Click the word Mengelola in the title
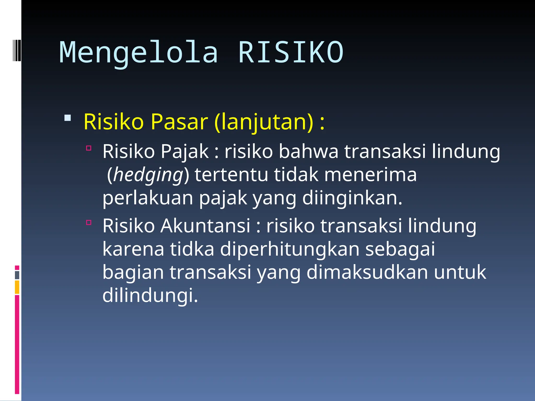[138, 53]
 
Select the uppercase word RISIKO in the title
[291, 53]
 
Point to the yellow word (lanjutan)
[263, 122]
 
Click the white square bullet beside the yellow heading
[68, 118]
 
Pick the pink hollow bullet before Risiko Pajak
[89, 148]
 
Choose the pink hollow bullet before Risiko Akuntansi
[89, 222]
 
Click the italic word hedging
[148, 175]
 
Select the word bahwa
[309, 151]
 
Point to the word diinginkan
[352, 198]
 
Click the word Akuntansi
[205, 226]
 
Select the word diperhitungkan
[290, 249]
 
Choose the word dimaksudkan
[367, 272]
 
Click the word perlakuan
[148, 198]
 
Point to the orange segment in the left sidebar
[17, 287]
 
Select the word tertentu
[231, 175]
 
